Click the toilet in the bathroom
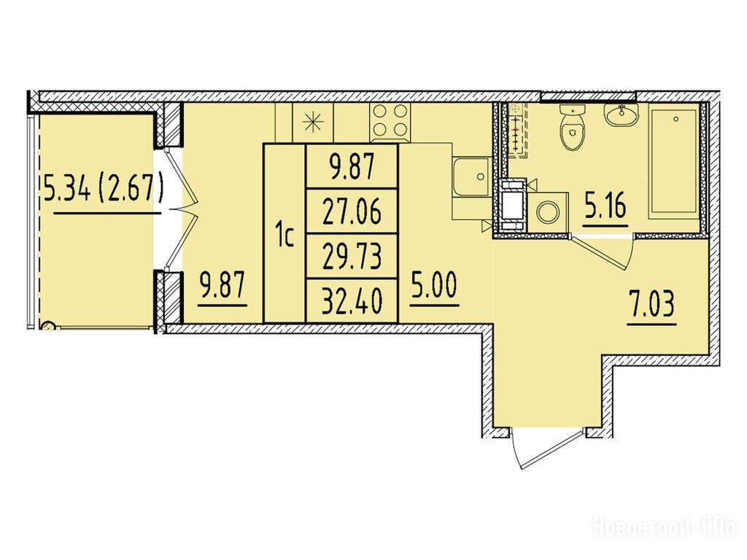(x=572, y=127)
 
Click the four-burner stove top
(x=390, y=121)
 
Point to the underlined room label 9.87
(x=222, y=286)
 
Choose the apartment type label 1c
(x=285, y=237)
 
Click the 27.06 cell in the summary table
(x=352, y=211)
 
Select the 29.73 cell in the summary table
(x=352, y=256)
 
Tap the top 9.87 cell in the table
(x=352, y=166)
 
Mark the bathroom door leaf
(x=601, y=253)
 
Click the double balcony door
(x=181, y=209)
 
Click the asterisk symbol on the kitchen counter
(x=314, y=122)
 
